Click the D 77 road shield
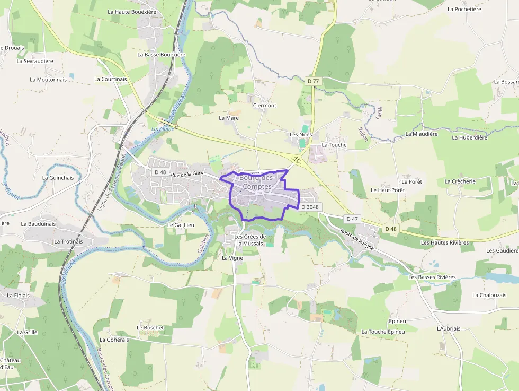pos(314,81)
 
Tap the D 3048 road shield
pos(311,207)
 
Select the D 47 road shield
pos(352,219)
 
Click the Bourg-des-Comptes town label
pos(256,182)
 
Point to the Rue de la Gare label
pos(187,173)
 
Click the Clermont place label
pos(265,105)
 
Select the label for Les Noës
pos(301,135)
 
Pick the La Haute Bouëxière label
pos(132,11)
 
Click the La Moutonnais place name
pos(48,80)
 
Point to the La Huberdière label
pos(469,137)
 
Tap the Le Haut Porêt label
pos(388,190)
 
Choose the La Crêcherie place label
pos(460,181)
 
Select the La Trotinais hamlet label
pos(68,241)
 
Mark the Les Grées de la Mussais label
pos(250,240)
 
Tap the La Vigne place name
pos(232,258)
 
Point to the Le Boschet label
pos(150,328)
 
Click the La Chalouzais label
pos(489,295)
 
